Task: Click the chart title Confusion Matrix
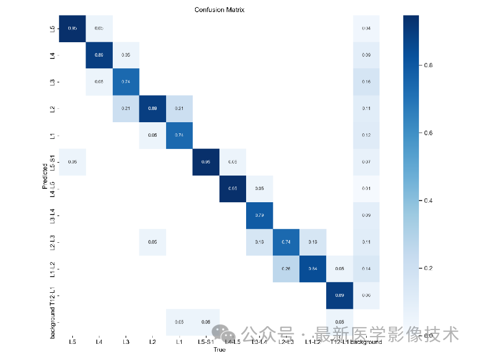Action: click(x=219, y=9)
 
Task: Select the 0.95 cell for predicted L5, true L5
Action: click(x=72, y=28)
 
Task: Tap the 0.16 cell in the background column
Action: click(x=366, y=81)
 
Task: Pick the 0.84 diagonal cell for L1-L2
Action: click(x=313, y=269)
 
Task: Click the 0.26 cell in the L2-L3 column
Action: click(x=286, y=269)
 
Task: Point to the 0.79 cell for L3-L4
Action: click(x=259, y=216)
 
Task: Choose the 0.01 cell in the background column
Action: click(x=366, y=188)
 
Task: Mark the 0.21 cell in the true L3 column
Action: click(x=126, y=108)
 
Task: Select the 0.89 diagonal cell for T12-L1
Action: click(x=339, y=296)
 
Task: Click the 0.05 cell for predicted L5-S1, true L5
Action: click(x=72, y=162)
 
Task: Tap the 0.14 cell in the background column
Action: click(x=366, y=269)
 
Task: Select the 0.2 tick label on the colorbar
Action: click(x=428, y=268)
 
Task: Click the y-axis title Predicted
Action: click(x=44, y=176)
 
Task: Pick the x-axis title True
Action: click(x=219, y=350)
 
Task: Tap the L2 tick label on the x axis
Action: click(x=152, y=342)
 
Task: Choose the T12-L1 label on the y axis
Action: click(x=52, y=296)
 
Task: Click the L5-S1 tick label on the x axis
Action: click(x=206, y=342)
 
